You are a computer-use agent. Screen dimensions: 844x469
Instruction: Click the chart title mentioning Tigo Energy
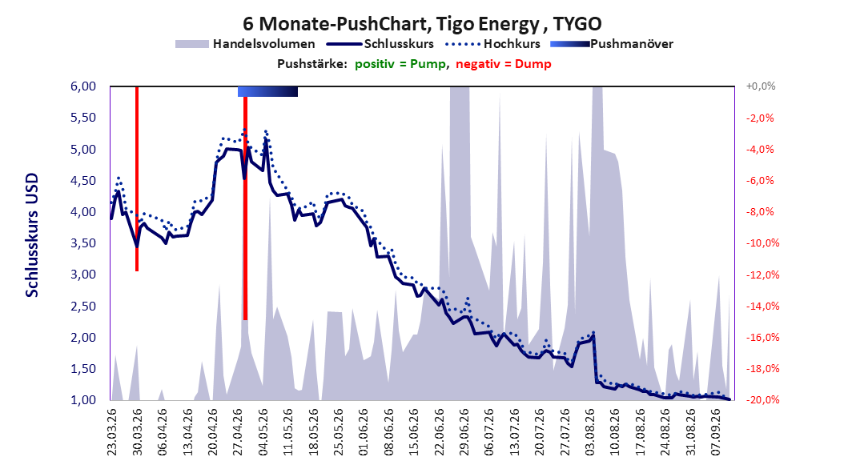(x=422, y=24)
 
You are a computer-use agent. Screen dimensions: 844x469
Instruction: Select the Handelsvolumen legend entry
(x=246, y=44)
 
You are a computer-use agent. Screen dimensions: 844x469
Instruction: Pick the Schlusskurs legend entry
(x=380, y=44)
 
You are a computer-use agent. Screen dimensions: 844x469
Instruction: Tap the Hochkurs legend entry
(x=492, y=44)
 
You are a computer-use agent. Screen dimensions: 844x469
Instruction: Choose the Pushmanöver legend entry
(x=612, y=44)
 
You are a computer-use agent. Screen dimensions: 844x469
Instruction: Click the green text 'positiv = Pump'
(x=400, y=64)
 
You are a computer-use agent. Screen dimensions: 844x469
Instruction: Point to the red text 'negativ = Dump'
(x=504, y=64)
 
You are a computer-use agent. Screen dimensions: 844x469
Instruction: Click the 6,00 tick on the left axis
(x=83, y=86)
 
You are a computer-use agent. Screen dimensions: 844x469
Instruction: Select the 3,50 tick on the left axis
(x=83, y=243)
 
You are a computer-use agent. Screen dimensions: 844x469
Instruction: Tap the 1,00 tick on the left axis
(x=83, y=399)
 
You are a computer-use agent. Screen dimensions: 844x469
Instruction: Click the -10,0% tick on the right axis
(x=762, y=243)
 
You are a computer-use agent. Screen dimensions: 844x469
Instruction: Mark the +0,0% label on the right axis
(x=761, y=86)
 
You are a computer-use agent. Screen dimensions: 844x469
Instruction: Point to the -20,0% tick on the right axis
(x=762, y=399)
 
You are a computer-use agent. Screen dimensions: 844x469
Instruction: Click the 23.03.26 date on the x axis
(x=112, y=432)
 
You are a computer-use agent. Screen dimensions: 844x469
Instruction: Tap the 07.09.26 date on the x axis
(x=716, y=432)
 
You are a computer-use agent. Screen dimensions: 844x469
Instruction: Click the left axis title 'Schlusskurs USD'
(x=32, y=235)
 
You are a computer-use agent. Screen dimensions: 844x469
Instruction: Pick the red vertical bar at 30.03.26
(x=137, y=178)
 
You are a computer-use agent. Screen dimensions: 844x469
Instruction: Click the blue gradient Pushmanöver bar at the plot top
(x=267, y=91)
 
